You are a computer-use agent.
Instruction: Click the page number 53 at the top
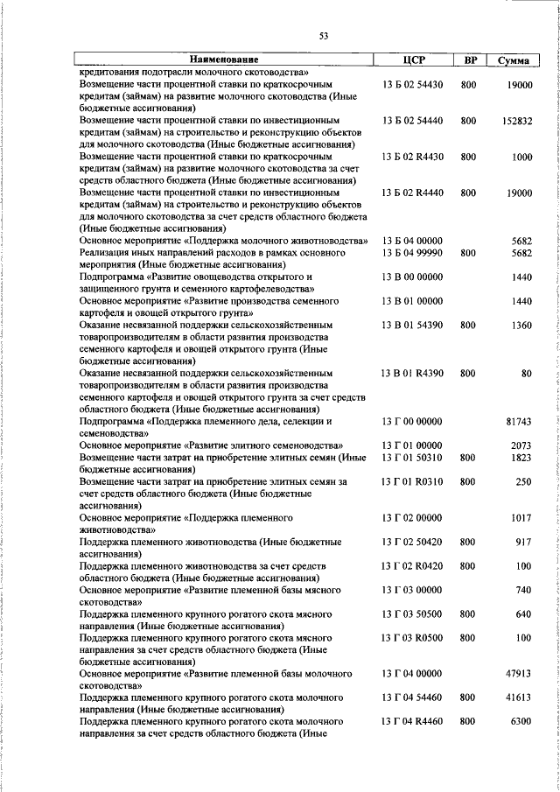coord(324,36)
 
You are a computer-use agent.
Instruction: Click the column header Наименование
coord(222,60)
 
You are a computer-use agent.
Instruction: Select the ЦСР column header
coord(412,60)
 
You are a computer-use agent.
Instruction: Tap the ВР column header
coord(470,60)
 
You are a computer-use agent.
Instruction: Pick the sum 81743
coord(519,422)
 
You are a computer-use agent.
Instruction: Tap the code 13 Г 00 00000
coord(412,422)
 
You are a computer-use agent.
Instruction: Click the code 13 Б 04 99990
coord(412,252)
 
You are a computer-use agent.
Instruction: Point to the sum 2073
coord(521,445)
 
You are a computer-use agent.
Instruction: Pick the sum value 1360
coord(521,326)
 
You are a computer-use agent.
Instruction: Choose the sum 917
coord(524,542)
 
